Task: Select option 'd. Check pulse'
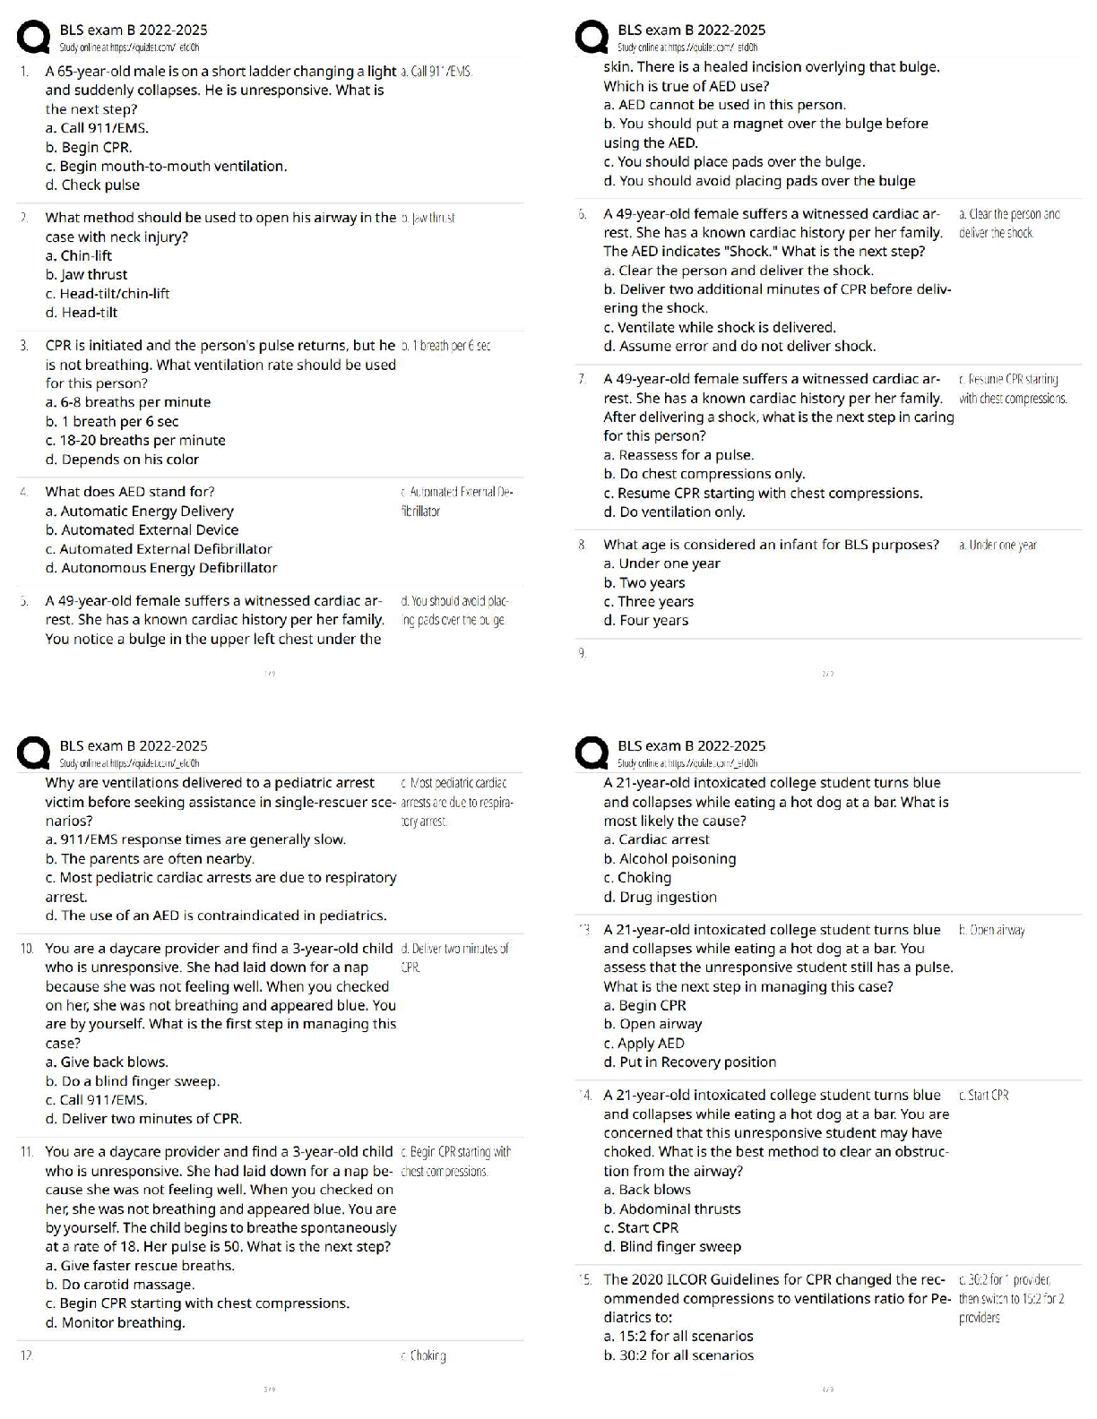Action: coord(92,185)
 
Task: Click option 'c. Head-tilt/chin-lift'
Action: coord(108,294)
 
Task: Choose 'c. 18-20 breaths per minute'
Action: coord(135,441)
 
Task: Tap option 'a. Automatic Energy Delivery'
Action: coord(139,512)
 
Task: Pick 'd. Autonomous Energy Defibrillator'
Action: coord(161,568)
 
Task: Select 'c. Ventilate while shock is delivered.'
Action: coord(720,328)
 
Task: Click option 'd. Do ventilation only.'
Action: coord(674,512)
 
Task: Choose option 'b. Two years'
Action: coord(644,583)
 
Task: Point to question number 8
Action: coord(583,545)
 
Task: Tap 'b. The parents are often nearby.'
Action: coord(150,859)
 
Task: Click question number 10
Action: coord(26,949)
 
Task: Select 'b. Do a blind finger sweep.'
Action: coord(133,1081)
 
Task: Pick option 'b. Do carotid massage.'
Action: coord(120,1285)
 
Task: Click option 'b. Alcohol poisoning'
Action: coord(669,859)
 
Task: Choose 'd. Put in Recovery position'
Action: coord(690,1062)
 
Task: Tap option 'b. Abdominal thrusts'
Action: coord(672,1209)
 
